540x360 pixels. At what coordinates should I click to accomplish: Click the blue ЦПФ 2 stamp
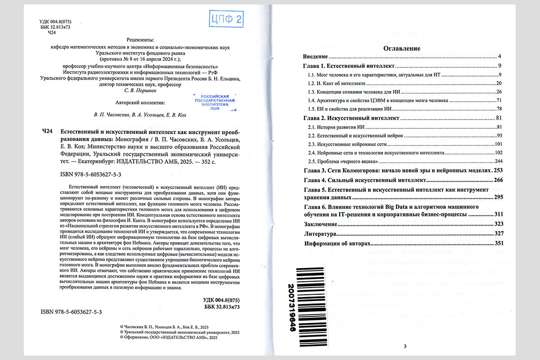point(226,19)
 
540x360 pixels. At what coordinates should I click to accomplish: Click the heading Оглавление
point(401,48)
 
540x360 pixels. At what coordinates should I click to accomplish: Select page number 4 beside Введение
point(500,57)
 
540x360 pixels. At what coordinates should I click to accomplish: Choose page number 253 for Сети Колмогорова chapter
point(498,171)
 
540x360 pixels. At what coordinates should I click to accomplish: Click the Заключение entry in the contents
point(320,224)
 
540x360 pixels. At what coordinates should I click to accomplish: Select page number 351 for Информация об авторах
point(497,243)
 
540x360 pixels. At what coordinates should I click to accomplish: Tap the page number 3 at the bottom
point(405,346)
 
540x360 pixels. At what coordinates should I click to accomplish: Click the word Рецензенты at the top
point(141,40)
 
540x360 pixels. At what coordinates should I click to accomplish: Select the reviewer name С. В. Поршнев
point(141,90)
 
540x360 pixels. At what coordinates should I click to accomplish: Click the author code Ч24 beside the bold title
point(47,131)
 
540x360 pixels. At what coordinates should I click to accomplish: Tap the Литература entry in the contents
point(320,234)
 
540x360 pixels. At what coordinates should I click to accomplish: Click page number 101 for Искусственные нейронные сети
point(498,144)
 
